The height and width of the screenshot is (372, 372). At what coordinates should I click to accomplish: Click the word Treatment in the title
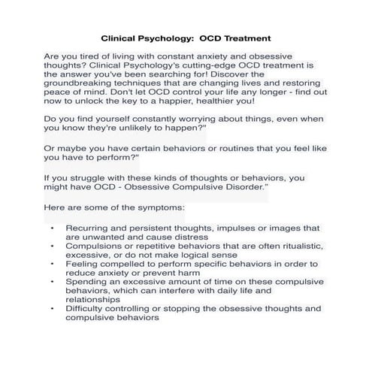coord(244,37)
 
